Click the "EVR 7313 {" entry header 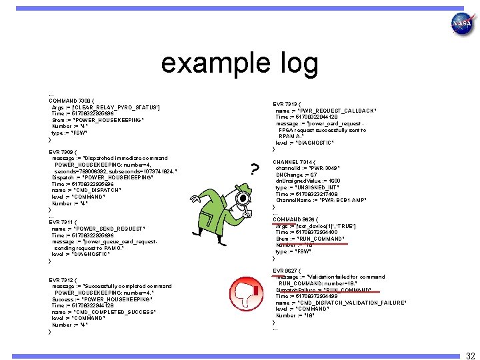click(289, 103)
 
